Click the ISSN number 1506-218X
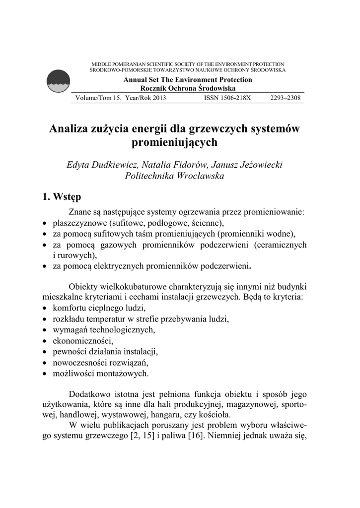[x=227, y=98]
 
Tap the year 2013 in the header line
[x=156, y=98]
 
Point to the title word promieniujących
[x=174, y=143]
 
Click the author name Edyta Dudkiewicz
[x=101, y=164]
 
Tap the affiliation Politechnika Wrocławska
[x=174, y=176]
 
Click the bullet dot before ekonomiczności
[x=45, y=341]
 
